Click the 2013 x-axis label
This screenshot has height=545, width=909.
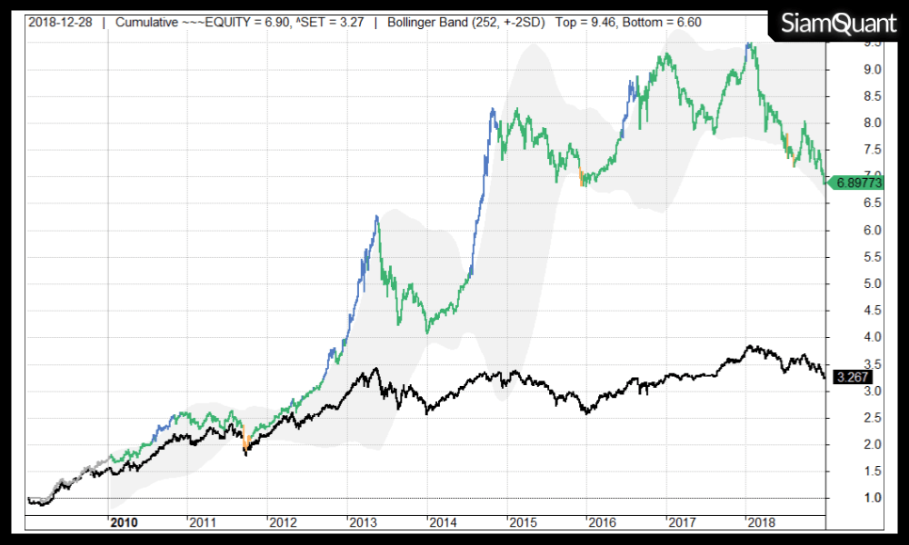click(x=364, y=522)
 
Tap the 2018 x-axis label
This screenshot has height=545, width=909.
click(x=761, y=522)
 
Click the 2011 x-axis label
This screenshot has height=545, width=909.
click(x=205, y=522)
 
